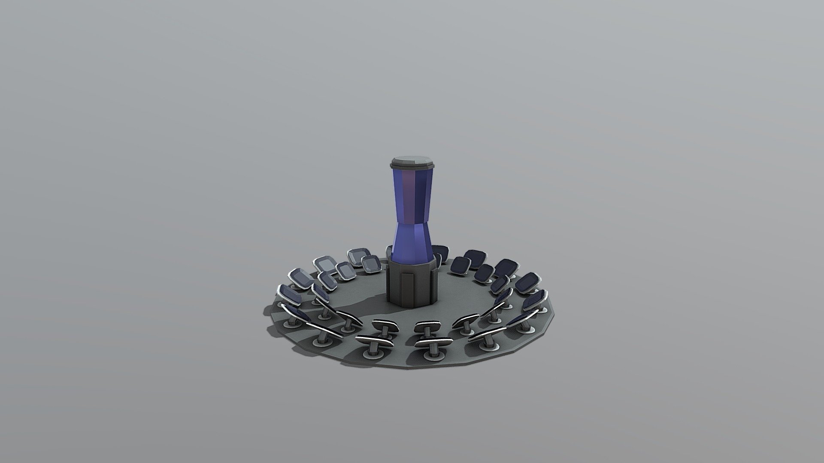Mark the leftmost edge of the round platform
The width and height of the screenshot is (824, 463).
pyautogui.click(x=263, y=310)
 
